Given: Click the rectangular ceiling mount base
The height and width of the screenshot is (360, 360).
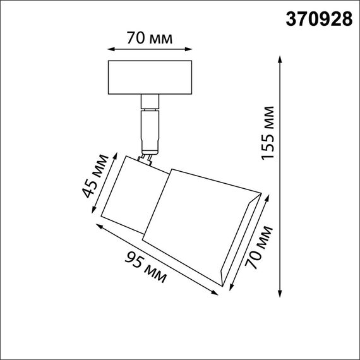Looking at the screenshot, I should click(149, 76).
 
